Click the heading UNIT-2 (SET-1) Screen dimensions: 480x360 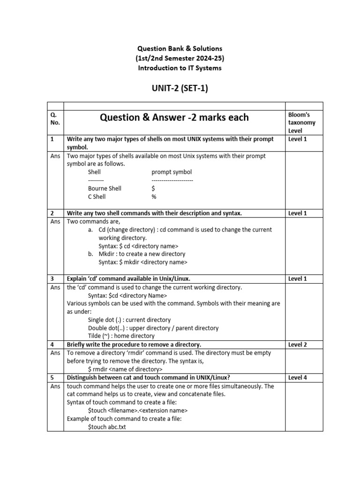pos(180,89)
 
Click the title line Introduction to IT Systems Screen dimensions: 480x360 pos(180,68)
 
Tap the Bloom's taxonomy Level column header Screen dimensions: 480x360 pos(301,122)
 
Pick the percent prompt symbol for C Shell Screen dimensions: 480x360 pos(154,197)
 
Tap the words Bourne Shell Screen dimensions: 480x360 pos(105,188)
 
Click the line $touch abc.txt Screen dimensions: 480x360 pos(107,427)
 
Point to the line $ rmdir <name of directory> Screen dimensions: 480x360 pos(125,369)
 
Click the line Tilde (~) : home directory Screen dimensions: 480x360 pos(121,336)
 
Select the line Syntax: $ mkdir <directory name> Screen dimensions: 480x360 pos(142,262)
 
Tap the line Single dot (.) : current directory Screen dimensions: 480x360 pos(123,320)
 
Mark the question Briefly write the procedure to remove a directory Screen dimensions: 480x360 pos(134,345)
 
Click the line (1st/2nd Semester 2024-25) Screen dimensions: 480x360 pos(180,58)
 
